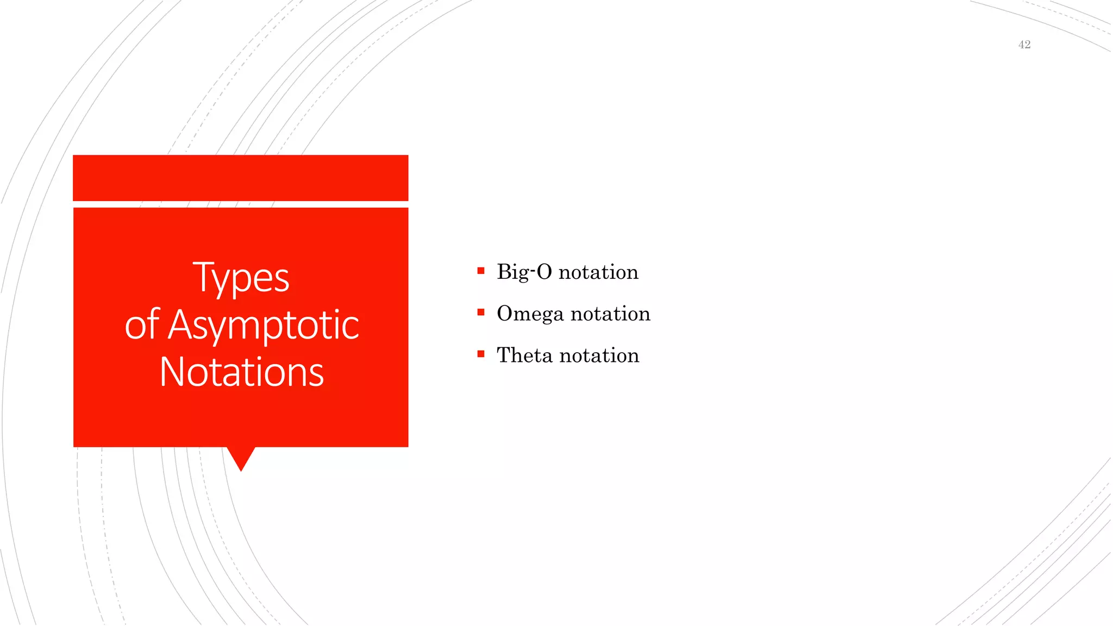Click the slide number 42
tap(1024, 45)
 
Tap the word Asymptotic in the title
tap(264, 325)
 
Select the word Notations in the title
tap(241, 372)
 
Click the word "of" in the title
tap(141, 325)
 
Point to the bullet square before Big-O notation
tap(480, 271)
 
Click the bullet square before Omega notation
tap(480, 312)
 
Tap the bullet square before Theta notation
tap(480, 354)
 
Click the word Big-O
tap(524, 272)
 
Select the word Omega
tap(530, 314)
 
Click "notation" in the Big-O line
tap(598, 272)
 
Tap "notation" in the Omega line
tap(610, 314)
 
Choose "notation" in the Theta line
tap(599, 355)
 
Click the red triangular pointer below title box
tap(241, 456)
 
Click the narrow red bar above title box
tap(240, 178)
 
